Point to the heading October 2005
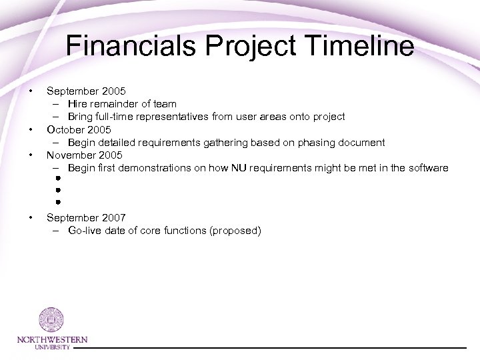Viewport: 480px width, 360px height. [79, 129]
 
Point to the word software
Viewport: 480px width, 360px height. [428, 167]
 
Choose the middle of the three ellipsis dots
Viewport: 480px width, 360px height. [58, 190]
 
